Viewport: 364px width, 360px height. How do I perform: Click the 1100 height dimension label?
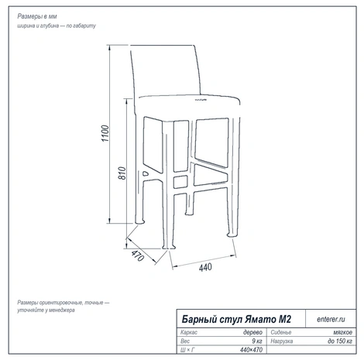[105, 133]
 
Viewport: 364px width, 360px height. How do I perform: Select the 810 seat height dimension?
[122, 173]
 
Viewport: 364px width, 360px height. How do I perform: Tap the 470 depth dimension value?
[137, 255]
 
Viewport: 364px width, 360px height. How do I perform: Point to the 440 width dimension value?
[205, 267]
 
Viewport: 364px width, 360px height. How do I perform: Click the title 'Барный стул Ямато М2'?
[236, 319]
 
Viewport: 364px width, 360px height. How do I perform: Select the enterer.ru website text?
[331, 319]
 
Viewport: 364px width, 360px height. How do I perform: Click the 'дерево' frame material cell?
[252, 332]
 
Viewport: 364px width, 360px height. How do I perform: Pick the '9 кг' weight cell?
[257, 341]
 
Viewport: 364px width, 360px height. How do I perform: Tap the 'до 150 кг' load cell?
[340, 341]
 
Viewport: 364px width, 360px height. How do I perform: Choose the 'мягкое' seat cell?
[342, 332]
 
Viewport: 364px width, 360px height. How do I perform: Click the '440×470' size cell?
[251, 350]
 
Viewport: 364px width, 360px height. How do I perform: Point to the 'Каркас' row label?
[189, 332]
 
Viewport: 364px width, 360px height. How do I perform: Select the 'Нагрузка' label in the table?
[282, 341]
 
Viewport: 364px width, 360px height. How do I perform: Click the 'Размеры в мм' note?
[37, 16]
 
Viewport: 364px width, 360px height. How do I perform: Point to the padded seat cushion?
[188, 107]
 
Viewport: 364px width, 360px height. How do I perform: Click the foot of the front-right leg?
[232, 235]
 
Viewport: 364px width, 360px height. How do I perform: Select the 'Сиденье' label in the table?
[281, 332]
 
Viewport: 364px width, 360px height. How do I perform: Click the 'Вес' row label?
[185, 341]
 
